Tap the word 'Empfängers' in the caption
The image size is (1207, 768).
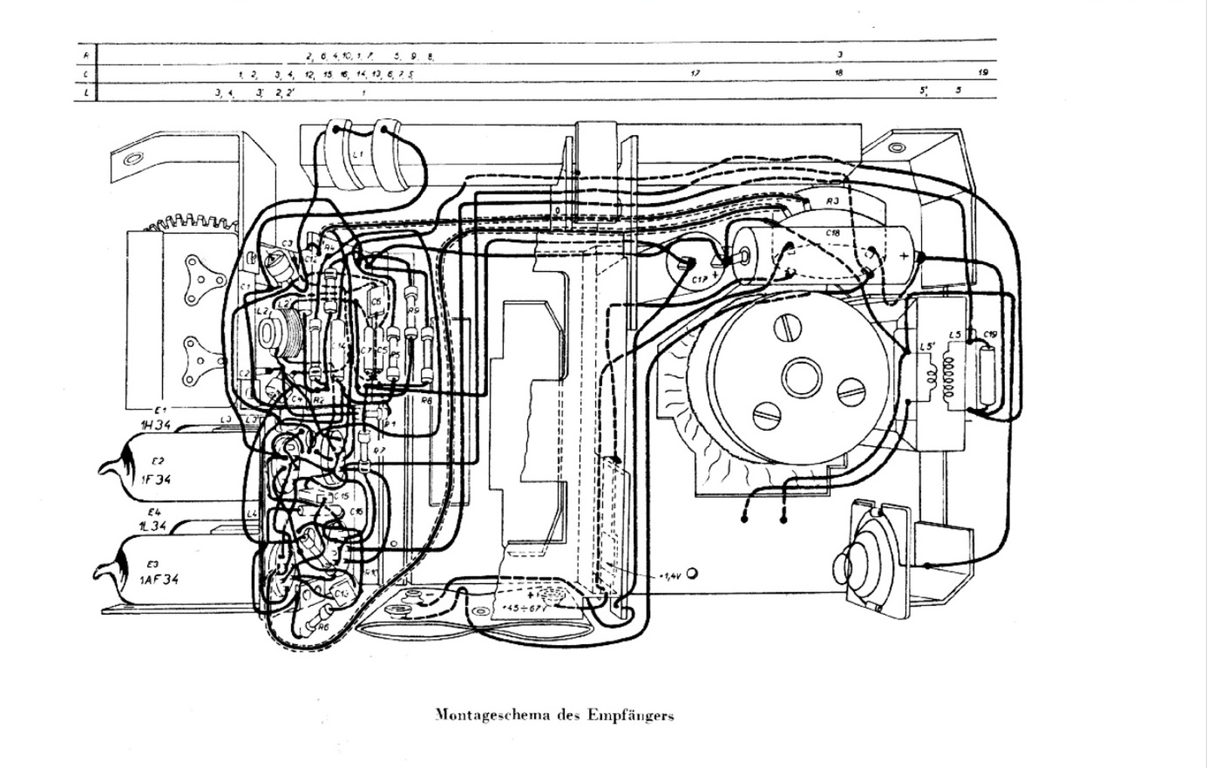(x=630, y=715)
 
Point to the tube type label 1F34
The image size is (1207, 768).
(x=156, y=478)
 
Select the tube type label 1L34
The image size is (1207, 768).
(x=152, y=525)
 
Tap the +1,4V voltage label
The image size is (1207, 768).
(x=671, y=576)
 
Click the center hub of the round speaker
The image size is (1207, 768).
(x=798, y=375)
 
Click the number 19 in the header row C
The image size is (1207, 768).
(x=982, y=73)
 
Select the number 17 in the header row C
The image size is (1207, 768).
(x=695, y=73)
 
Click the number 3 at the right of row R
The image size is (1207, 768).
(x=839, y=54)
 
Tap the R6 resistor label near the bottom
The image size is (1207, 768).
(x=324, y=626)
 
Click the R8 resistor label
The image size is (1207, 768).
(x=426, y=401)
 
